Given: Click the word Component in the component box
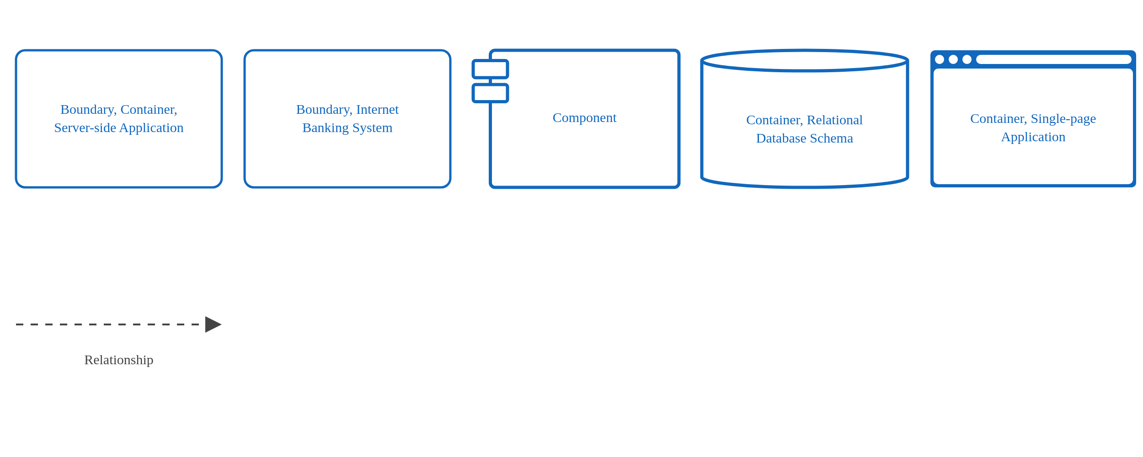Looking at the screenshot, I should tap(584, 118).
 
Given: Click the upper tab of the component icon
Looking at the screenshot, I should tap(490, 69).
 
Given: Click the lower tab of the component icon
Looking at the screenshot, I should tap(490, 93).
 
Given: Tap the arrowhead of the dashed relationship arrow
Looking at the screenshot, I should tap(213, 324).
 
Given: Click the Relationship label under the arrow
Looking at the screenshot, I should tap(118, 360).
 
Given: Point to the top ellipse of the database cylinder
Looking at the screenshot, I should tap(804, 60).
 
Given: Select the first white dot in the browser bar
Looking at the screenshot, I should tap(940, 59).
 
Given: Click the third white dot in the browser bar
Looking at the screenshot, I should tap(967, 59).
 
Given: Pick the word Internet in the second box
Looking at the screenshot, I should tap(377, 110).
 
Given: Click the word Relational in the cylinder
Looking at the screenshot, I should tap(834, 120).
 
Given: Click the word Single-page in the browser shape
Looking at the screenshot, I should tap(1063, 119).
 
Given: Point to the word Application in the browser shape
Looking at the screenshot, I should tap(1033, 137).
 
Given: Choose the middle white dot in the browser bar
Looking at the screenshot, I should tap(953, 59).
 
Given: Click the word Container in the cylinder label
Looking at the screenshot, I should tap(774, 120).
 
